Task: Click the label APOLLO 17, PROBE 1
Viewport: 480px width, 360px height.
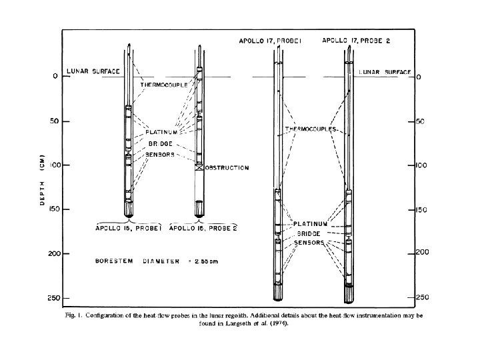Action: (x=271, y=41)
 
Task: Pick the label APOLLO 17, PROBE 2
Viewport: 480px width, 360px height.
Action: (x=355, y=41)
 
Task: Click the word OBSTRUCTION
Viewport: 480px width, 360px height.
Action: (x=227, y=168)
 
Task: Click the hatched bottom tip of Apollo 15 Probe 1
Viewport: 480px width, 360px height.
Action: (x=129, y=211)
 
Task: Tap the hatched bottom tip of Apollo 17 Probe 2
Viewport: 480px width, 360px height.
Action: (x=347, y=293)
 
